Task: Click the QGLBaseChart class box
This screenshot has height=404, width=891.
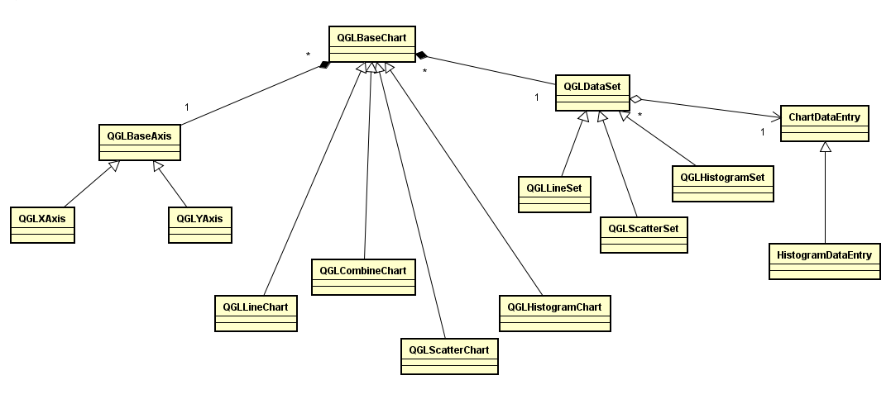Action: [371, 44]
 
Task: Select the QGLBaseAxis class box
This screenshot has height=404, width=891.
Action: [139, 141]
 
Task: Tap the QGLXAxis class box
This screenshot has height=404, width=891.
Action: [42, 226]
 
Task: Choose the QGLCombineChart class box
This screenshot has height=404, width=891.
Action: [362, 277]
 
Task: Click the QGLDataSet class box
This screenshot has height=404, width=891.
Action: [592, 93]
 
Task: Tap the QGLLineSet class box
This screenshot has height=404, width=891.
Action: [553, 195]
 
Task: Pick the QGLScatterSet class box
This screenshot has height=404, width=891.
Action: [643, 235]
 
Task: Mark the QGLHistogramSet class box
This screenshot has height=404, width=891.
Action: [722, 183]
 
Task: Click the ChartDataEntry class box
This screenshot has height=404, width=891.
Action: [824, 124]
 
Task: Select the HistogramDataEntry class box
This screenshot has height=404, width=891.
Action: [824, 262]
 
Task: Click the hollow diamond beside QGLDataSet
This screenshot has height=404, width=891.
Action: [636, 99]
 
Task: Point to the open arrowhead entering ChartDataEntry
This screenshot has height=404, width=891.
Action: [776, 116]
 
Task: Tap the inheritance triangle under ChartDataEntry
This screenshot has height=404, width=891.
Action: [825, 147]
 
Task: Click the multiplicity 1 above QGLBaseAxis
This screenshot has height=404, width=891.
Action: [187, 107]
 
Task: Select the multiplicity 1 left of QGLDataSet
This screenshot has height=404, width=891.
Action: [538, 97]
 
